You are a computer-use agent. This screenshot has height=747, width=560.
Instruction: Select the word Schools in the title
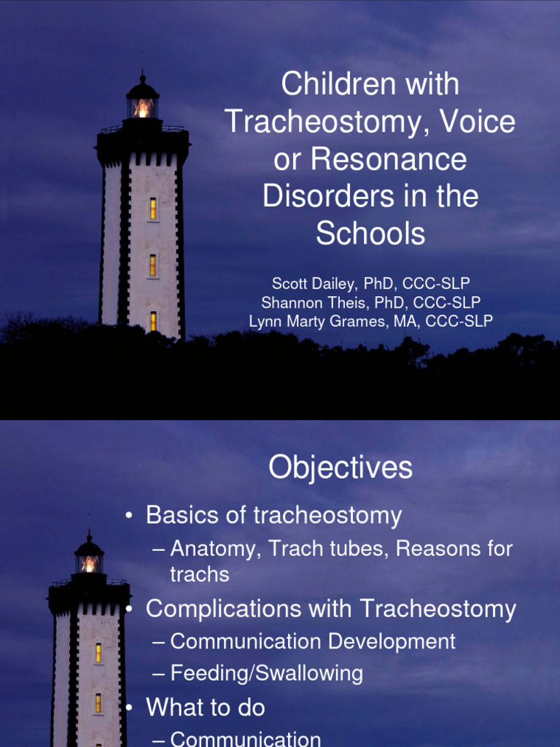(x=370, y=233)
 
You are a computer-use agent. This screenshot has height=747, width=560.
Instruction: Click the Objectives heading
(x=341, y=468)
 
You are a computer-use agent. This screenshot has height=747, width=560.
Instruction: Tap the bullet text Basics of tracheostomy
(x=273, y=515)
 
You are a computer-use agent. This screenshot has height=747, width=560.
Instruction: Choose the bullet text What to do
(x=206, y=707)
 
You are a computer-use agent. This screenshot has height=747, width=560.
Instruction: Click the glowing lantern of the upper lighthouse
(x=143, y=108)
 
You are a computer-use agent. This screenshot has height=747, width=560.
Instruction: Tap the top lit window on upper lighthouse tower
(x=153, y=209)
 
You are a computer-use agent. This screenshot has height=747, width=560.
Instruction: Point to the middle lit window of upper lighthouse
(x=152, y=265)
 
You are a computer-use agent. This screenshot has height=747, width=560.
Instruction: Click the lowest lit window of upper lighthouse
(x=153, y=321)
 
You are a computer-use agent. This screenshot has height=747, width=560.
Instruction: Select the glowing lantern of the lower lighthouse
(x=89, y=563)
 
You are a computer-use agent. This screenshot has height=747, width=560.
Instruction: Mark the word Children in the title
(x=329, y=85)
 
